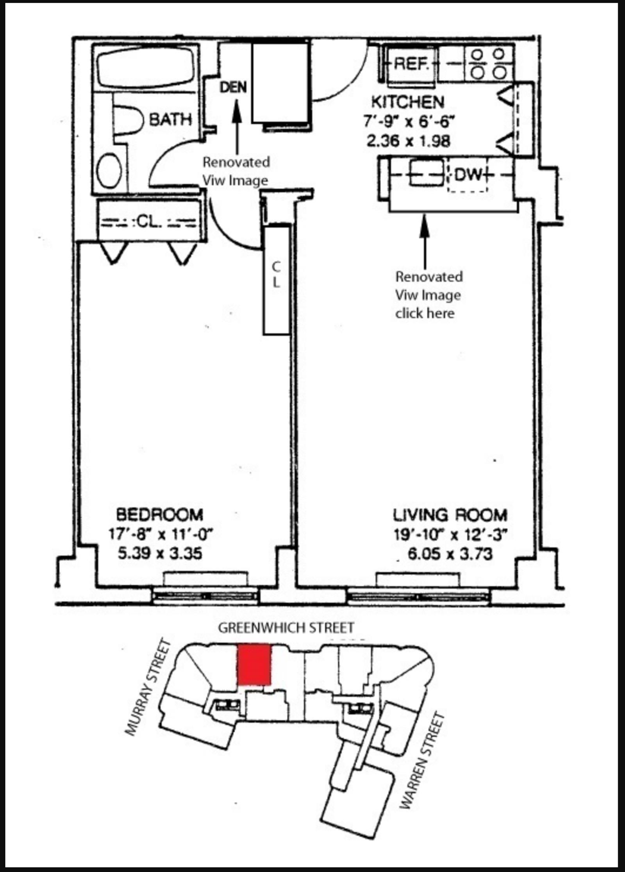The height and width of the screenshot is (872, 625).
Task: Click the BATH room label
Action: point(171,119)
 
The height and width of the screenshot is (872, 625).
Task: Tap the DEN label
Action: point(233,87)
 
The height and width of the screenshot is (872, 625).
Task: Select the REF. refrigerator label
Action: point(412,63)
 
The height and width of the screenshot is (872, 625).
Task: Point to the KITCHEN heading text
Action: point(408,102)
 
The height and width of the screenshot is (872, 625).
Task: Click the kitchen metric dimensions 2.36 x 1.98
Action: point(409,141)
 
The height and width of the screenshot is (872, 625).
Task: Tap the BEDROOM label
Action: point(160,515)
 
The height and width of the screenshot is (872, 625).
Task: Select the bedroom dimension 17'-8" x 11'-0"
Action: point(161,534)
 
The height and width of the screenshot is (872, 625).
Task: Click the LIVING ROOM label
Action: point(450,515)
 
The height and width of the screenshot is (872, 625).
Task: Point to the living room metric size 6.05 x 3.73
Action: point(450,554)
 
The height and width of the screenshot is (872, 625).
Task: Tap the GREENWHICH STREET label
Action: point(286,628)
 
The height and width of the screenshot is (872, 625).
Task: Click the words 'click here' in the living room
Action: point(425,313)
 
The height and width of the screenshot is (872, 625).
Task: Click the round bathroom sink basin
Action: point(110,171)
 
